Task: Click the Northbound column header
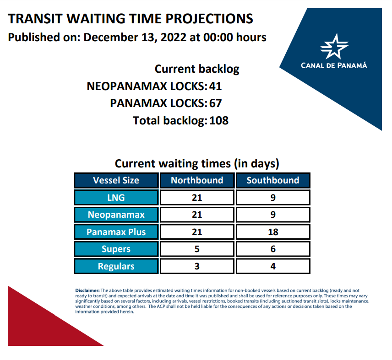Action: [197, 180]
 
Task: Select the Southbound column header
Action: [273, 180]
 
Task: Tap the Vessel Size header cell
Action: [116, 180]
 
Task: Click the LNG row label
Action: [116, 198]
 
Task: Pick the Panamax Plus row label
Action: [116, 232]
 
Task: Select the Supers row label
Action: [116, 249]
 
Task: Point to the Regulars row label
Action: [116, 266]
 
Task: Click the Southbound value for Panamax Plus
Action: [273, 232]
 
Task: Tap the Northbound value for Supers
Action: [197, 249]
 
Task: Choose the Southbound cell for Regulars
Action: [273, 266]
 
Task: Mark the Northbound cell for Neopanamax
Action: [197, 215]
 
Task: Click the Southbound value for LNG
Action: [273, 198]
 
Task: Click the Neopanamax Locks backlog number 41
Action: [216, 86]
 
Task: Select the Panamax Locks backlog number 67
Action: [216, 103]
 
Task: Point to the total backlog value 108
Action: [219, 121]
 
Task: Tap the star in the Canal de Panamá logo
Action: [334, 47]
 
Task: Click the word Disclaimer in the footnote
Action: [87, 290]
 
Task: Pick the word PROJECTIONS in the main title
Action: [209, 19]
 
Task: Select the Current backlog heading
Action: [197, 69]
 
